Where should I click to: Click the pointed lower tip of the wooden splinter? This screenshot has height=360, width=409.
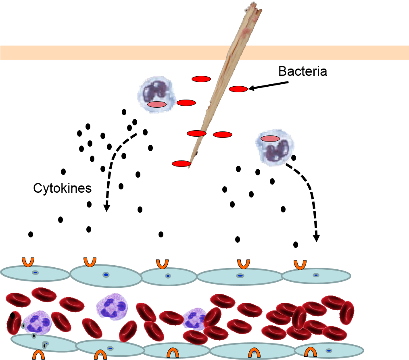pos(188,167)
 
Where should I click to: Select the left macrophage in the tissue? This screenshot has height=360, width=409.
pos(157,95)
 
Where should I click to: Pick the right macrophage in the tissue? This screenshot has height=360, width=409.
pos(275,148)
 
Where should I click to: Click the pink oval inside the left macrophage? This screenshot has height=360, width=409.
pos(157,104)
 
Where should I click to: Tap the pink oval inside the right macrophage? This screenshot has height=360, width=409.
pos(270,139)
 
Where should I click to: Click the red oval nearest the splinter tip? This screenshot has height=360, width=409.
pos(181,164)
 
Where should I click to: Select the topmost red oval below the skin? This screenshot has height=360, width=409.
pos(201,79)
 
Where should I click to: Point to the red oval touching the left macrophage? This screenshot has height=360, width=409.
pos(186,103)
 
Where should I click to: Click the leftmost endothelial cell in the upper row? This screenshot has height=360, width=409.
pos(35,273)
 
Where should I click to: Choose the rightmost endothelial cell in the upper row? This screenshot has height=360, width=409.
pos(316,275)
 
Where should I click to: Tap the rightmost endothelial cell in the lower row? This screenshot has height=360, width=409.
pos(329,350)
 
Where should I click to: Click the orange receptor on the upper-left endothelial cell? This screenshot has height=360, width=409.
pos(28,262)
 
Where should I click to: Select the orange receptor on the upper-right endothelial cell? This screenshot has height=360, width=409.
pos(300,264)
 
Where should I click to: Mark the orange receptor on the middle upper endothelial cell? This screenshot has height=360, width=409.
pos(162,264)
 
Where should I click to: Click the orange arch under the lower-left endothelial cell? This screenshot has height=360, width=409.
pos(39,355)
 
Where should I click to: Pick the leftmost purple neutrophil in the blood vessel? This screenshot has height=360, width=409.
pos(38,322)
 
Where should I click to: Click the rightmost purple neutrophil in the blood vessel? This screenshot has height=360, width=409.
pos(195,319)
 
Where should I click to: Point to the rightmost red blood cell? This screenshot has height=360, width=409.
pos(347,313)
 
